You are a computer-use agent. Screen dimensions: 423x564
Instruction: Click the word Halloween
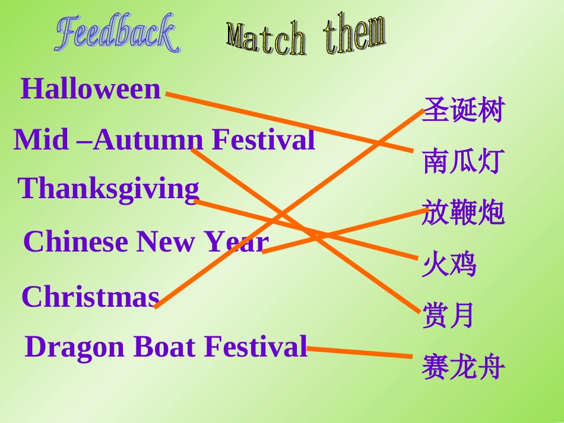click(x=91, y=90)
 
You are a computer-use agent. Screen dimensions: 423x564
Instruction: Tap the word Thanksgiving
click(x=109, y=189)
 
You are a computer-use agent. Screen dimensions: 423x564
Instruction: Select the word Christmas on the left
click(x=90, y=297)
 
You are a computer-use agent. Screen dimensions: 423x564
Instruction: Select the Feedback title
click(x=117, y=34)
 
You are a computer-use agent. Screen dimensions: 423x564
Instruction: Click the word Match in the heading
click(x=267, y=39)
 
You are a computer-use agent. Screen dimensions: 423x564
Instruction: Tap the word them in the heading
click(x=354, y=34)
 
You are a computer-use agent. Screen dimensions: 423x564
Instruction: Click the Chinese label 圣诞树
click(x=463, y=111)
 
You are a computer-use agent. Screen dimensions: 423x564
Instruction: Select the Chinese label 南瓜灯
click(x=463, y=161)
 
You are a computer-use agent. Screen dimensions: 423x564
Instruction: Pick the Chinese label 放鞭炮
click(x=463, y=213)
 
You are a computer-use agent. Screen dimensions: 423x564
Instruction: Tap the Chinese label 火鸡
click(x=449, y=265)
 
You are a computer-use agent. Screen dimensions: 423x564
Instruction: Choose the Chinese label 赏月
click(x=449, y=316)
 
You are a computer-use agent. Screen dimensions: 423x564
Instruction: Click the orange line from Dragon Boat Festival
click(x=359, y=352)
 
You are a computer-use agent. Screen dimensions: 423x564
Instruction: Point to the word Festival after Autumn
click(x=263, y=141)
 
